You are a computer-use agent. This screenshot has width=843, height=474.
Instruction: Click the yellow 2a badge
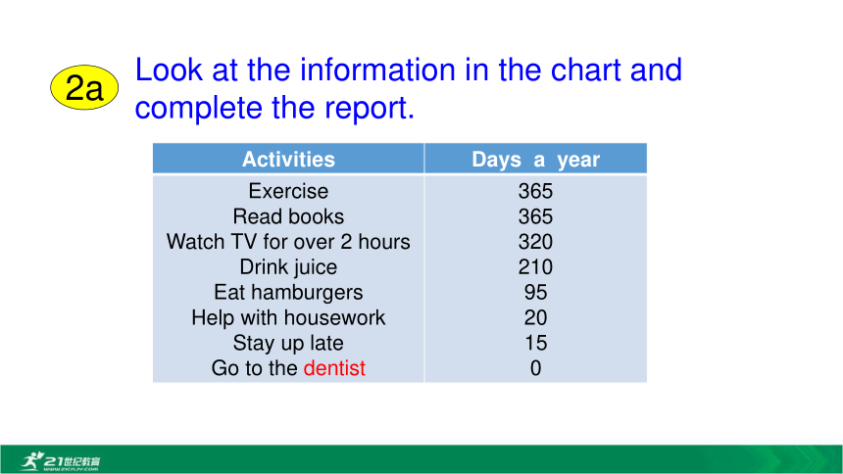pyautogui.click(x=84, y=87)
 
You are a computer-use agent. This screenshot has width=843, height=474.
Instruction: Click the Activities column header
pyautogui.click(x=288, y=159)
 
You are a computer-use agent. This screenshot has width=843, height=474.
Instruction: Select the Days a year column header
pyautogui.click(x=535, y=160)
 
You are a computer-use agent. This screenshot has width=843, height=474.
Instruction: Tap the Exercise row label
pyautogui.click(x=288, y=191)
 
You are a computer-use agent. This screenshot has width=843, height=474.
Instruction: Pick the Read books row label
pyautogui.click(x=288, y=216)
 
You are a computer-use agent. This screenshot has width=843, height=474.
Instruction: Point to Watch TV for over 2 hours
pyautogui.click(x=288, y=242)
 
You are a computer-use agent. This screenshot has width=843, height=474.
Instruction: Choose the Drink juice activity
pyautogui.click(x=288, y=267)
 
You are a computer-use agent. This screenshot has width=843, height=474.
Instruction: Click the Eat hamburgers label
pyautogui.click(x=288, y=293)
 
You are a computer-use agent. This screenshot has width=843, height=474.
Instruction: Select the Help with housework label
pyautogui.click(x=288, y=317)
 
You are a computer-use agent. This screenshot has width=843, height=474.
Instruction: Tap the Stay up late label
pyautogui.click(x=288, y=343)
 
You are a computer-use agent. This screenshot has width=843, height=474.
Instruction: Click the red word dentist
pyautogui.click(x=334, y=368)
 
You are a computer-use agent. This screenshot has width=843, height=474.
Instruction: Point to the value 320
pyautogui.click(x=535, y=242)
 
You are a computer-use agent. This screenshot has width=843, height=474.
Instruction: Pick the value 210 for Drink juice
pyautogui.click(x=535, y=267)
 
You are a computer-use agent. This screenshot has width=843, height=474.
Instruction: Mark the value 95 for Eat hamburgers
pyautogui.click(x=535, y=293)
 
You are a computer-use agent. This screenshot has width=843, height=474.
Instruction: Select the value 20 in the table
pyautogui.click(x=535, y=317)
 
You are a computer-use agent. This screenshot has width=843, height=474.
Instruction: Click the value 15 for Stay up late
pyautogui.click(x=535, y=343)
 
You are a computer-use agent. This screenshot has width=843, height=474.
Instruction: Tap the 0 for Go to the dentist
pyautogui.click(x=535, y=368)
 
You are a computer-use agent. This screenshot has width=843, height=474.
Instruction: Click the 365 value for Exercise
pyautogui.click(x=535, y=191)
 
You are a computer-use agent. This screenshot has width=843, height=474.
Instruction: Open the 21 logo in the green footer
pyautogui.click(x=60, y=461)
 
